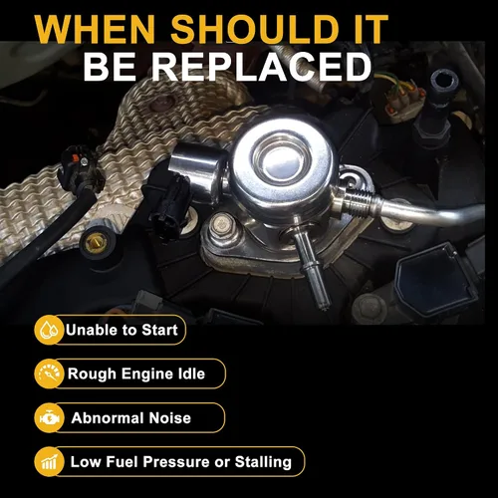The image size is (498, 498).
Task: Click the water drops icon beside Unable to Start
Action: point(49,330)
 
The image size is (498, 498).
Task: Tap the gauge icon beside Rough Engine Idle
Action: point(49,373)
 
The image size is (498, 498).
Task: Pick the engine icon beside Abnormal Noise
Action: point(49,417)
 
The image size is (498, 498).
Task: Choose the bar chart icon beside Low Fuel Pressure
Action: point(49,462)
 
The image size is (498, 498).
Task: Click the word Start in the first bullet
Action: point(159,330)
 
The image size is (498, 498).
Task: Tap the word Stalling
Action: point(263,462)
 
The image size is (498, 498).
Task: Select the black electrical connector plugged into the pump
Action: point(167,201)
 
